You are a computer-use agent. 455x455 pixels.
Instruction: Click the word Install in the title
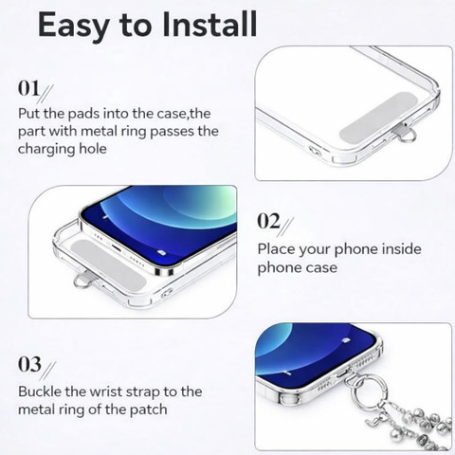209,25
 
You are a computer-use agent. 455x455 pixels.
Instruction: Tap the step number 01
28,88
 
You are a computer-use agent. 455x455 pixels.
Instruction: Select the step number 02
268,221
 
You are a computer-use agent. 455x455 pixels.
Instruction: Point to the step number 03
29,364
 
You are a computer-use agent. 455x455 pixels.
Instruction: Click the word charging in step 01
46,149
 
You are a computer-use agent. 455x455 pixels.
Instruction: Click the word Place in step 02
276,249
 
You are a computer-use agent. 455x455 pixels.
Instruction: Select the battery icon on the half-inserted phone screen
161,252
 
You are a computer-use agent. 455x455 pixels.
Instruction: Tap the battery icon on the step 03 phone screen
346,340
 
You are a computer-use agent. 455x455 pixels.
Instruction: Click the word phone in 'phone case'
276,268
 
